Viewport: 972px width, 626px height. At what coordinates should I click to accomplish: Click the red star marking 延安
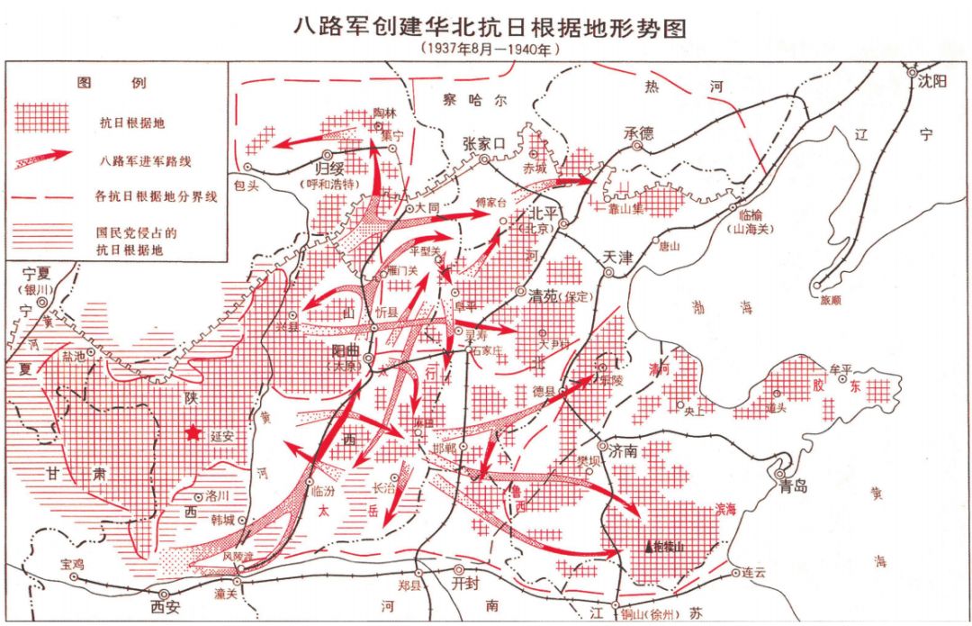tap(192, 433)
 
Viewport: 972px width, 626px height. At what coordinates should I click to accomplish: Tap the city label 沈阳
tap(932, 81)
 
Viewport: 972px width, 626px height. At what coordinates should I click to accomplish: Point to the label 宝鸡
tap(71, 564)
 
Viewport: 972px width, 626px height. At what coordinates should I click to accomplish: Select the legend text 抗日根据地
tap(132, 122)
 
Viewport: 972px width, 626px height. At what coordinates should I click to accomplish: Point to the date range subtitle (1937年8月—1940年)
tap(490, 50)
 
